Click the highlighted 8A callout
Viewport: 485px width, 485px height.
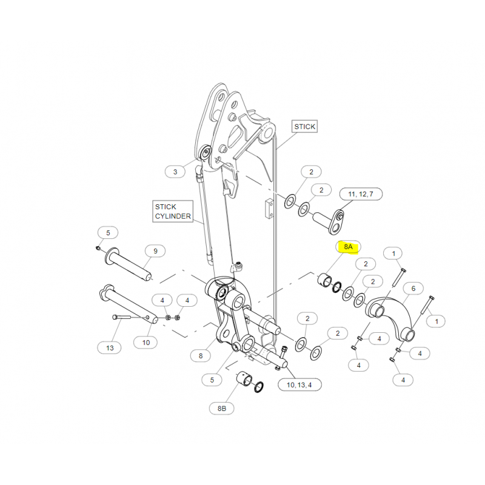tap(348, 247)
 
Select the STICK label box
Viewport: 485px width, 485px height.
tap(305, 127)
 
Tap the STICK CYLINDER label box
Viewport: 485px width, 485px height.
tap(173, 211)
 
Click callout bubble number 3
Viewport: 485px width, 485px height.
tap(175, 172)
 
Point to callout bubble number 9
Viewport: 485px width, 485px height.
tap(155, 251)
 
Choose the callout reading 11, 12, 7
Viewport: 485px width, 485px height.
tap(361, 194)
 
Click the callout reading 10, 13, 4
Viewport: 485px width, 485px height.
tap(299, 385)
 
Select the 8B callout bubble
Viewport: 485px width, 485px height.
tap(221, 408)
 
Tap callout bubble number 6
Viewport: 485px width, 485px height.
tap(413, 289)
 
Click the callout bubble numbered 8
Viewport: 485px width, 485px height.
tap(201, 356)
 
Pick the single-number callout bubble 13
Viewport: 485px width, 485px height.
tap(110, 347)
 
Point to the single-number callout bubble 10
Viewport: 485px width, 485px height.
tap(146, 343)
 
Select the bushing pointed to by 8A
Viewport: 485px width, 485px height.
tap(325, 279)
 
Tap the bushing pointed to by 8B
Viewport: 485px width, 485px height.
tap(244, 378)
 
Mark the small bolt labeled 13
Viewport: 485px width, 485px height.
tap(122, 317)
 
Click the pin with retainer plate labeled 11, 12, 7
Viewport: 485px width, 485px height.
tap(329, 221)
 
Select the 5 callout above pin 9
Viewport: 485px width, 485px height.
tap(108, 233)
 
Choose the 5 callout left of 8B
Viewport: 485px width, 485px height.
tap(212, 380)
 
